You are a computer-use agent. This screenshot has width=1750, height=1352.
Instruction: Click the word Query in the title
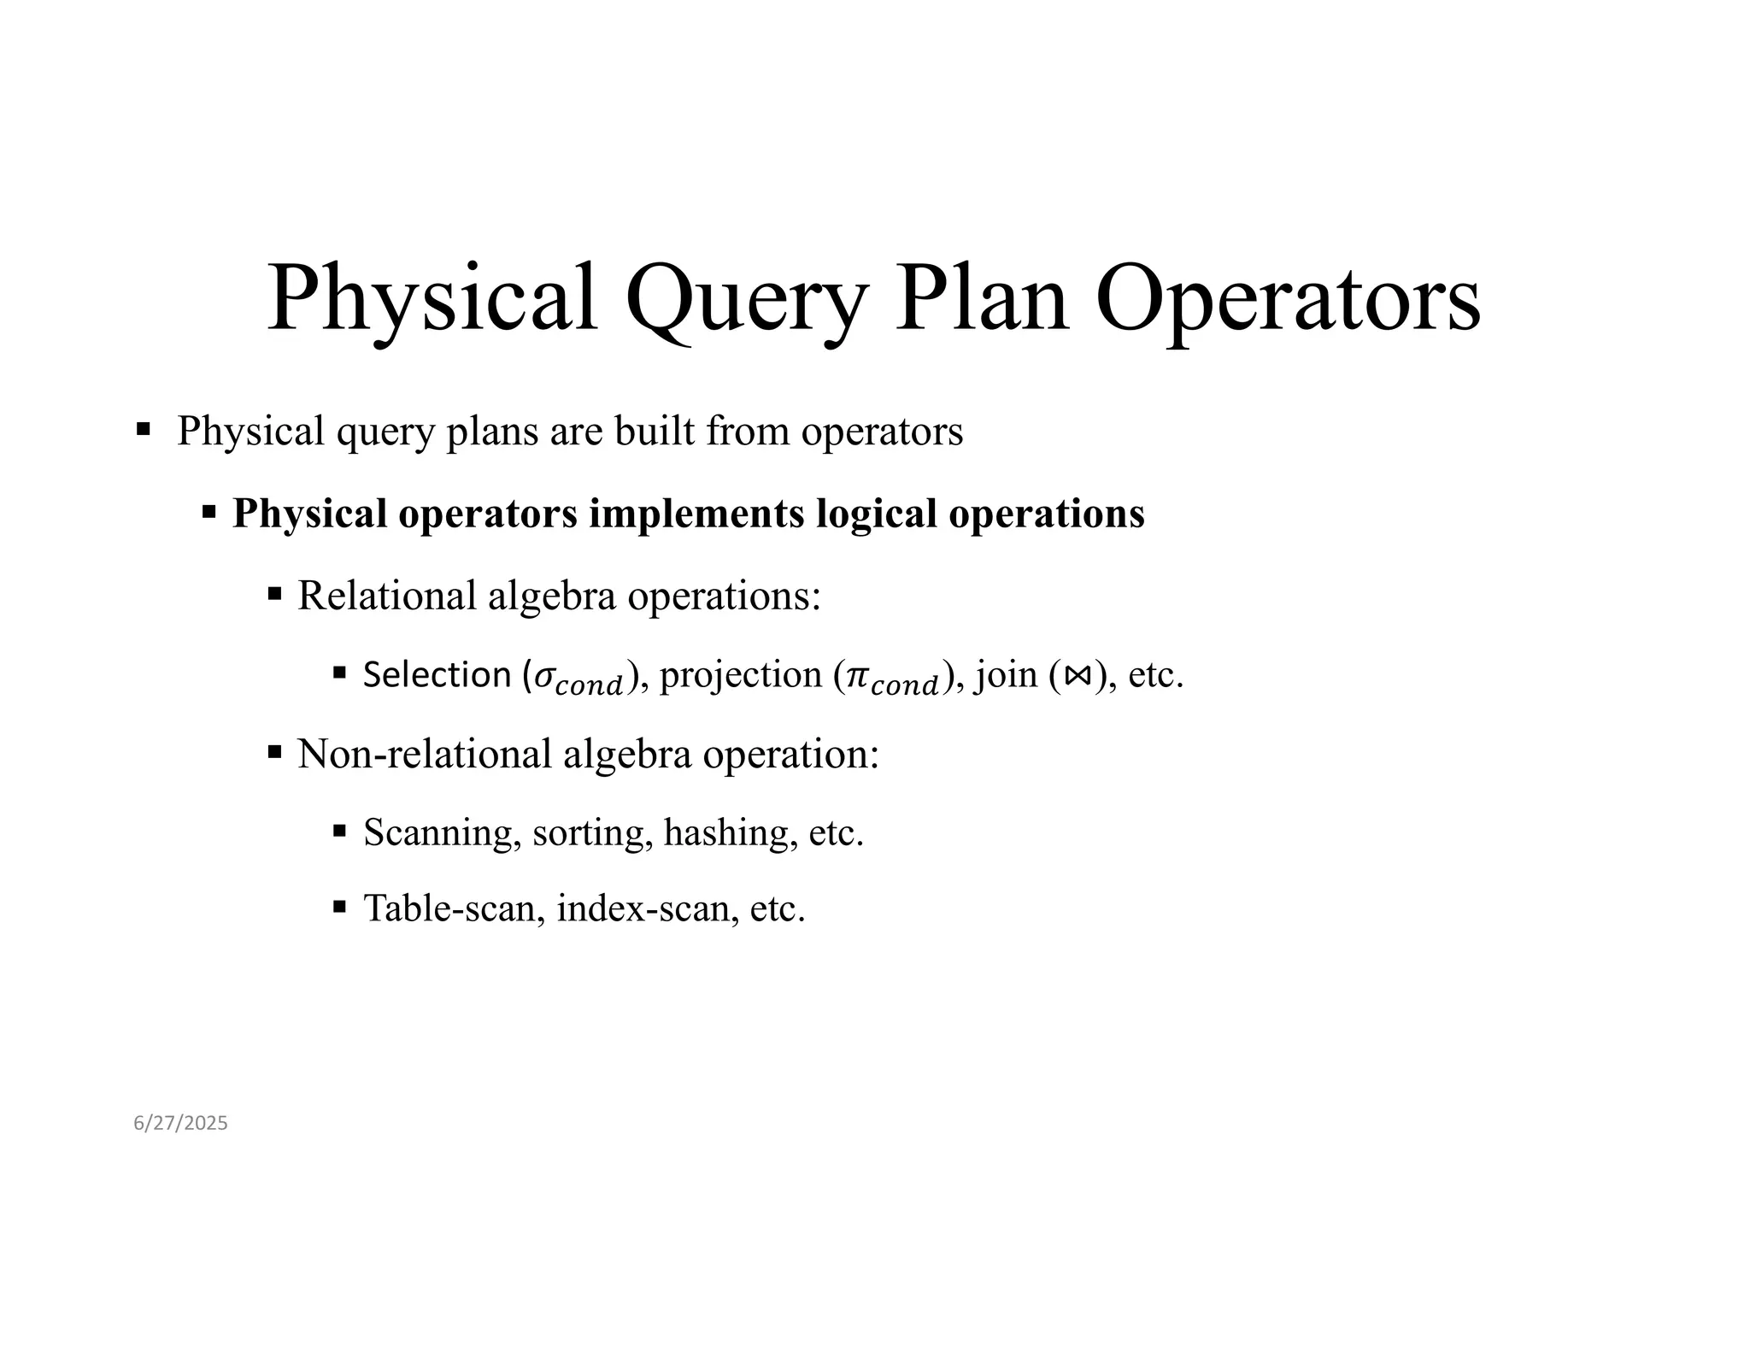click(746, 299)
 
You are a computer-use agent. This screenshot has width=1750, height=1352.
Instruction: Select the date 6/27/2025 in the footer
click(180, 1123)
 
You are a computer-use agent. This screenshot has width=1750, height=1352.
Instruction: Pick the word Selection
click(437, 675)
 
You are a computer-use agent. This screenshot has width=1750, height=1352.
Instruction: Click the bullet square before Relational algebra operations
click(274, 593)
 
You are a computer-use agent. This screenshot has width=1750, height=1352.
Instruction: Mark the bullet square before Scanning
click(339, 830)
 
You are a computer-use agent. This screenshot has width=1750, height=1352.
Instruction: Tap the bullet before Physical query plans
click(143, 427)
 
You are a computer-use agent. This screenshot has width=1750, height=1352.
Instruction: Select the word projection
click(741, 675)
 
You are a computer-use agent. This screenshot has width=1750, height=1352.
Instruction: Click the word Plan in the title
click(981, 299)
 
